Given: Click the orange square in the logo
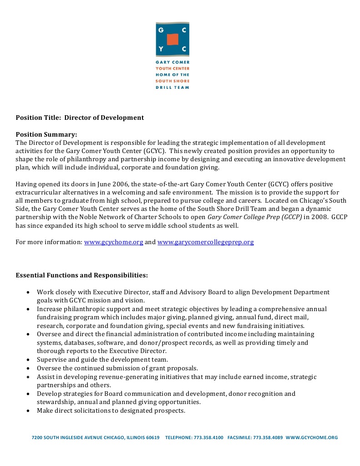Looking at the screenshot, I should (172, 39).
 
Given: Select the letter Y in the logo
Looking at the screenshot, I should (160, 48).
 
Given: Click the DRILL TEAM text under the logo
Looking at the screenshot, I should (172, 87).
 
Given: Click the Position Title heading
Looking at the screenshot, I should (80, 118).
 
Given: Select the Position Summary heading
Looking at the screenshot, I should (46, 134).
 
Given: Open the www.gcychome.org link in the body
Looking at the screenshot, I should (114, 242).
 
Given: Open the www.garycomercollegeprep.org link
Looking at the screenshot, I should (205, 242).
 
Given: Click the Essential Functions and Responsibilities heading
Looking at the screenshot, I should (81, 276).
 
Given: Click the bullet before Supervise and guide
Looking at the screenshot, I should (28, 359).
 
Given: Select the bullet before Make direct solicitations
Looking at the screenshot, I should (28, 410).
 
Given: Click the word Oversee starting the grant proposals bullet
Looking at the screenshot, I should (49, 368).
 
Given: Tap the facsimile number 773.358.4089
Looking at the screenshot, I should (266, 438).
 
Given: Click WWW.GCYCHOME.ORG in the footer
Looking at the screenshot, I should (312, 438).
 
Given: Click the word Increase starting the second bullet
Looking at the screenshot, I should (50, 309).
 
